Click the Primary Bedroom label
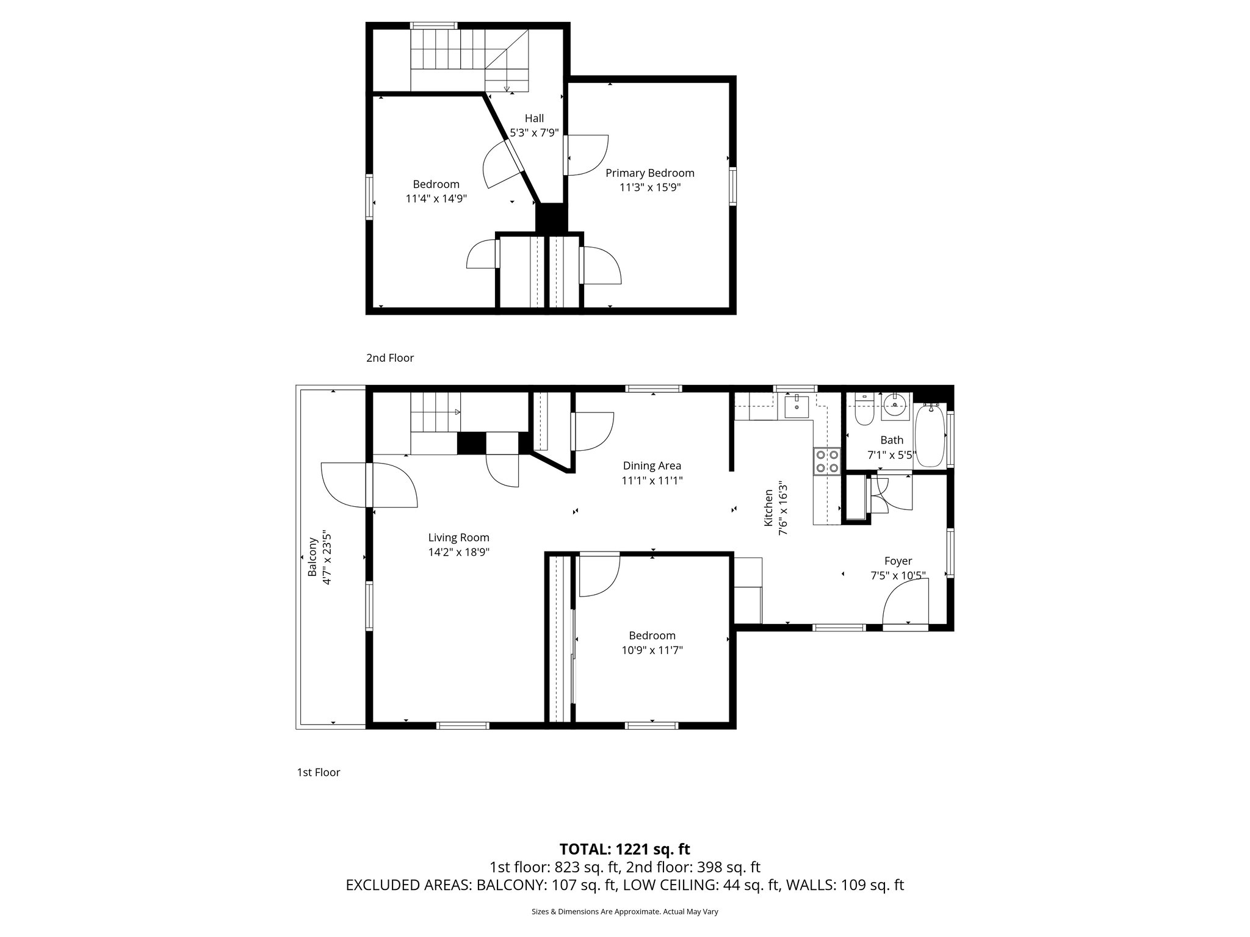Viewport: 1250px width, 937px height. point(649,173)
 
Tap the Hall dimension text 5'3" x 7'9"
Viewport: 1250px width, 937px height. point(534,132)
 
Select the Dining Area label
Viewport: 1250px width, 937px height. point(651,466)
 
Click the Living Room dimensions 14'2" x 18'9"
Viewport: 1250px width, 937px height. point(458,553)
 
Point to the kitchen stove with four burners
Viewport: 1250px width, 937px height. point(826,461)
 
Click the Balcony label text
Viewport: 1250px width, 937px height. point(312,556)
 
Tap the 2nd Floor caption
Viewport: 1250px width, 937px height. point(389,358)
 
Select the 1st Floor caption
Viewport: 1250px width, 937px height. point(318,772)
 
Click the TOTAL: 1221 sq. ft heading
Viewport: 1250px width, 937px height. point(624,849)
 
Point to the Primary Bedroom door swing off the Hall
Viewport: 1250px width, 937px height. point(587,155)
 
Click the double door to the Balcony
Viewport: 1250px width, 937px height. point(370,484)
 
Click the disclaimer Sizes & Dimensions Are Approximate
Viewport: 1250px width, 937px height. point(624,911)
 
